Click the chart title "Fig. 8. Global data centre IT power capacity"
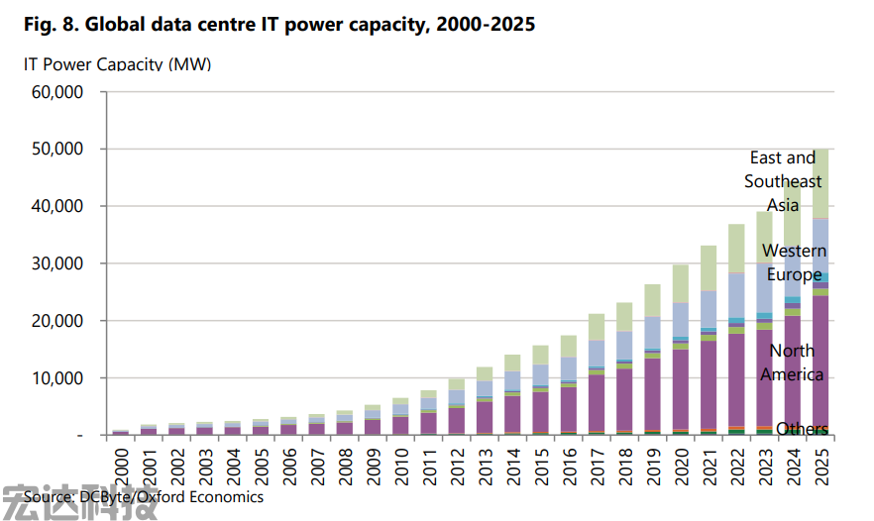click(x=277, y=25)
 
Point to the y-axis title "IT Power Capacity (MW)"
click(x=117, y=64)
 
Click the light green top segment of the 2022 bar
click(x=736, y=248)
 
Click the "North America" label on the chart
click(x=792, y=363)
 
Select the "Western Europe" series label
click(x=793, y=262)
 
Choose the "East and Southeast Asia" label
click(x=783, y=181)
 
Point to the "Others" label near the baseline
click(x=802, y=429)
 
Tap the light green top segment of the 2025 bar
click(x=820, y=183)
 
